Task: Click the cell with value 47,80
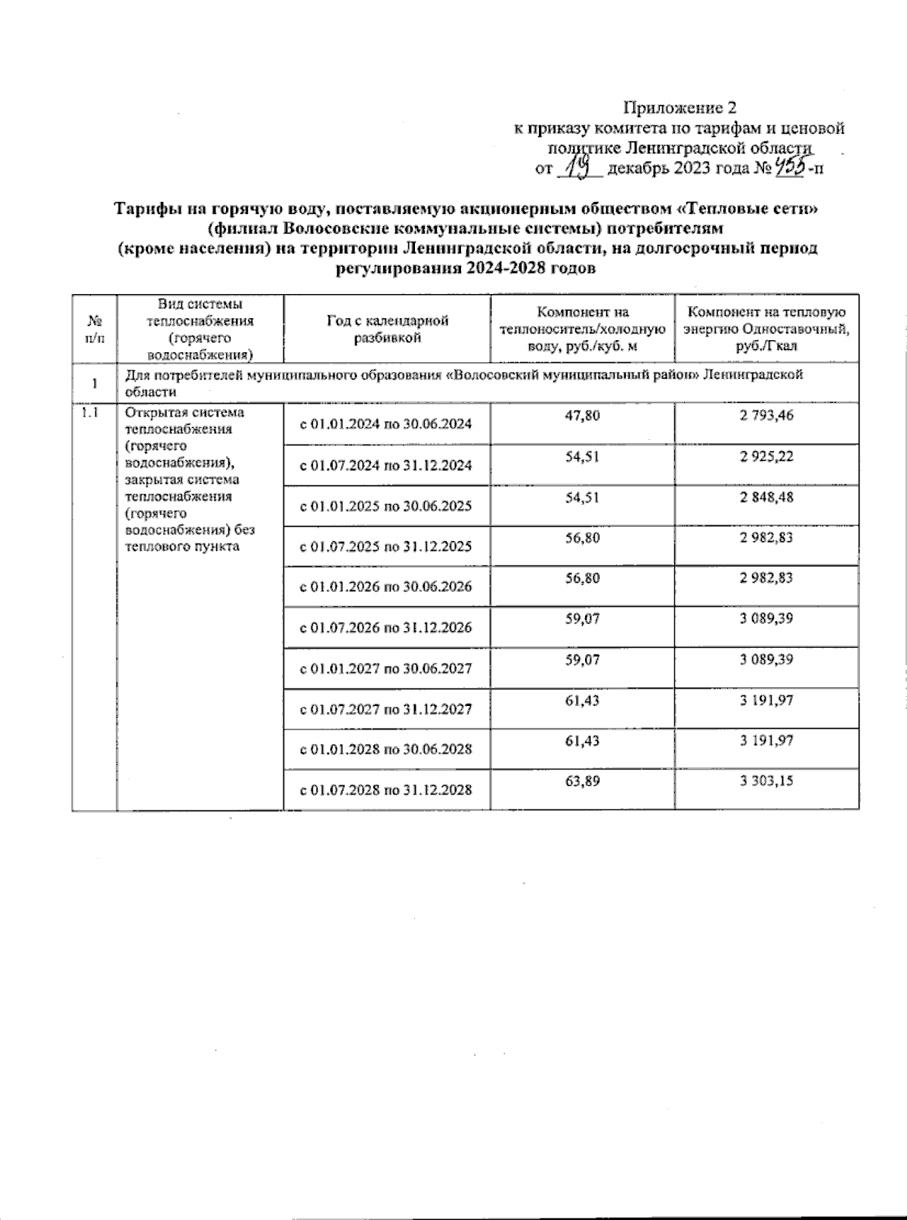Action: coord(582,416)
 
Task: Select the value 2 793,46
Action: coord(766,416)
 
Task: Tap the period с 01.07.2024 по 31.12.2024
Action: coord(386,465)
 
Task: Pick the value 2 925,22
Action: coord(766,457)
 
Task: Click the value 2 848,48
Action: coord(766,497)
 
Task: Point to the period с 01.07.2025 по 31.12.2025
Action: coord(386,547)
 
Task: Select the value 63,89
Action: coord(582,782)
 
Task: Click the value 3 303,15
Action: coord(766,782)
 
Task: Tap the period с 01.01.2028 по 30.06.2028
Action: coord(386,749)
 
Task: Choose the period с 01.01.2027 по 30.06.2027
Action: coord(386,668)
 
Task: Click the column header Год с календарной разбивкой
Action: coord(387,330)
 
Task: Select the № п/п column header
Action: coord(94,330)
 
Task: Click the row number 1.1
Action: coord(89,413)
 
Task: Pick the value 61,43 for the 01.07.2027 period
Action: coord(582,701)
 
